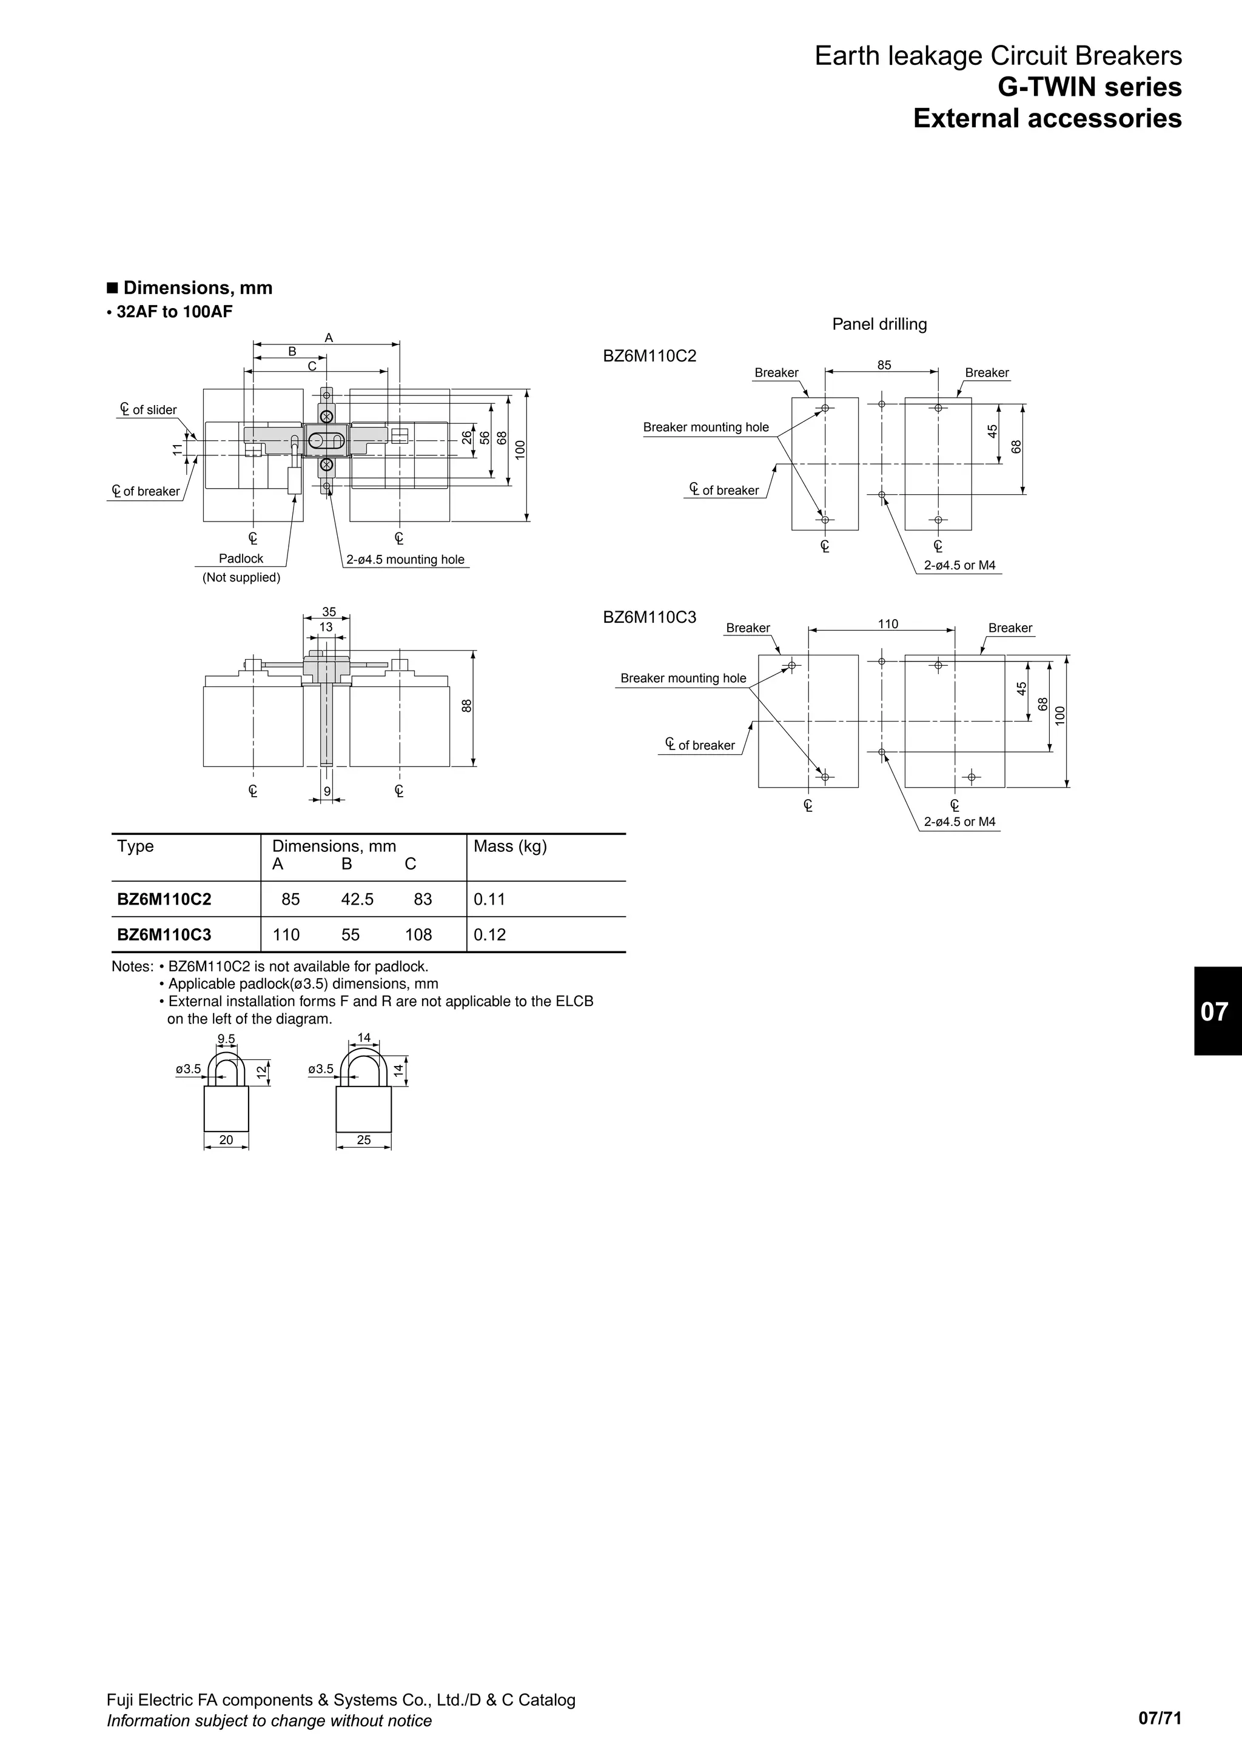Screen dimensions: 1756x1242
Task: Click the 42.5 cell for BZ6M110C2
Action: click(357, 899)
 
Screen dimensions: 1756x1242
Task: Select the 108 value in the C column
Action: click(418, 934)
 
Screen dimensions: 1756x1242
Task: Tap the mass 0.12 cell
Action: click(489, 934)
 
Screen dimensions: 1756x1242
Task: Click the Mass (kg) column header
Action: click(510, 846)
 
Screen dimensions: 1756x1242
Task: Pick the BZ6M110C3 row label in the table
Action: click(164, 934)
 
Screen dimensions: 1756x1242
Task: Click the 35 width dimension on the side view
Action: click(329, 612)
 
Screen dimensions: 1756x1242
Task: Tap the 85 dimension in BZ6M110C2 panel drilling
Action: click(884, 366)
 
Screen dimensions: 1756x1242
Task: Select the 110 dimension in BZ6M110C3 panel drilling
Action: click(888, 624)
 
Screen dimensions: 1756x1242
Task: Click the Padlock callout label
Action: click(241, 559)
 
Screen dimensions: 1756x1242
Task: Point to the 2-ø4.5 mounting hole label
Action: click(405, 560)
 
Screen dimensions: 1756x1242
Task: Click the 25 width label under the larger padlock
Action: click(364, 1139)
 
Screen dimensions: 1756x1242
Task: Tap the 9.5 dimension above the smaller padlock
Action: click(226, 1039)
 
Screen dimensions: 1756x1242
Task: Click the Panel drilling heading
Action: click(879, 324)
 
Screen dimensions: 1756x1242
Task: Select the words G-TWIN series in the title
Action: click(1089, 87)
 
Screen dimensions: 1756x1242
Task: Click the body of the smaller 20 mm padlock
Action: click(226, 1109)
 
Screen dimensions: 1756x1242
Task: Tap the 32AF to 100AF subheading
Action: click(175, 311)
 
